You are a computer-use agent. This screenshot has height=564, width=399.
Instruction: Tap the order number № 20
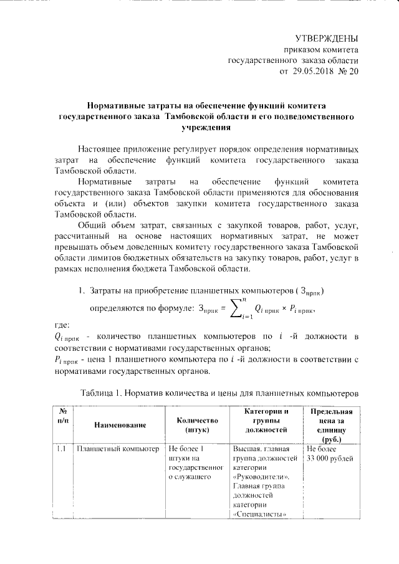pyautogui.click(x=349, y=72)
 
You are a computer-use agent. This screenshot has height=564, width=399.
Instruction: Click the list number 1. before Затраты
pyautogui.click(x=82, y=292)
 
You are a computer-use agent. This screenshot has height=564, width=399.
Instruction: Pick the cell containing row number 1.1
pyautogui.click(x=62, y=449)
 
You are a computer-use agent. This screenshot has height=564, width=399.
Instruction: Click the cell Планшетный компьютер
pyautogui.click(x=117, y=449)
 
